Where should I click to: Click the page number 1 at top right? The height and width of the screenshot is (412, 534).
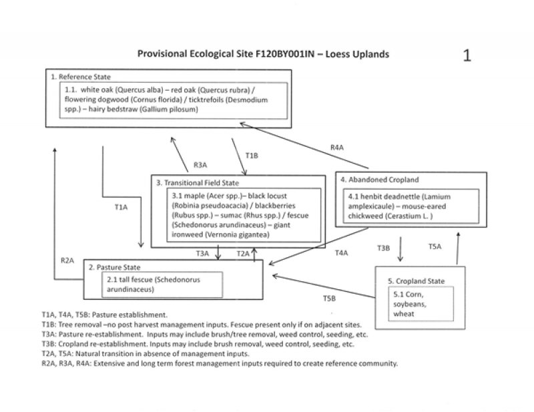point(468,55)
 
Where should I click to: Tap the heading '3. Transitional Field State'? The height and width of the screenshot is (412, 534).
point(197,182)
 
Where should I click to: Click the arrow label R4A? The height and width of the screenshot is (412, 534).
point(338,148)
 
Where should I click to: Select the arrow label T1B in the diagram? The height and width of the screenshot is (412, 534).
point(251,155)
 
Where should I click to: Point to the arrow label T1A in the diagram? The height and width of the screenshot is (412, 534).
point(121,208)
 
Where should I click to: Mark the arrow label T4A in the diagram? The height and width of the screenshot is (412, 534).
point(342,253)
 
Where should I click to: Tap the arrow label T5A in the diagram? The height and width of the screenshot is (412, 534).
point(435,246)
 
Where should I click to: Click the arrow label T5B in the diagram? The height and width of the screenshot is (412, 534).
point(330,297)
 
